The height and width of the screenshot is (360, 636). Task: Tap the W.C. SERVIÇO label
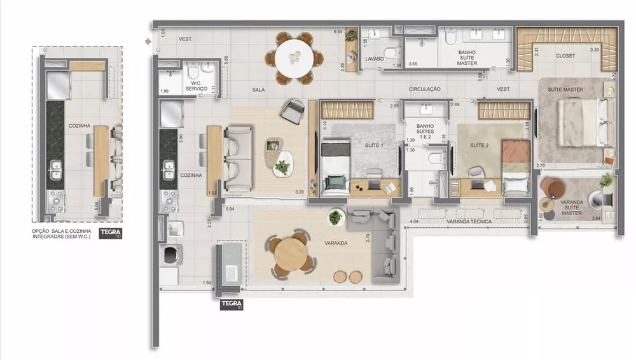197,87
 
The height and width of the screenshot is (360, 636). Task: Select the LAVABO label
374,59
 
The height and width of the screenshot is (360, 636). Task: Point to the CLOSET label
565,56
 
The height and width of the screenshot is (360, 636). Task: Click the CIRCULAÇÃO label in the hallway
424,90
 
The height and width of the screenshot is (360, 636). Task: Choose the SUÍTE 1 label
373,146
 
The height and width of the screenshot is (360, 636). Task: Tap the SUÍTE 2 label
479,146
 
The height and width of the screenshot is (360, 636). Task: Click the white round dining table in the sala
296,57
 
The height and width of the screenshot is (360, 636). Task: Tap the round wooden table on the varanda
292,253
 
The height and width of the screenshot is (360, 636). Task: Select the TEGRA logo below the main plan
231,305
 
